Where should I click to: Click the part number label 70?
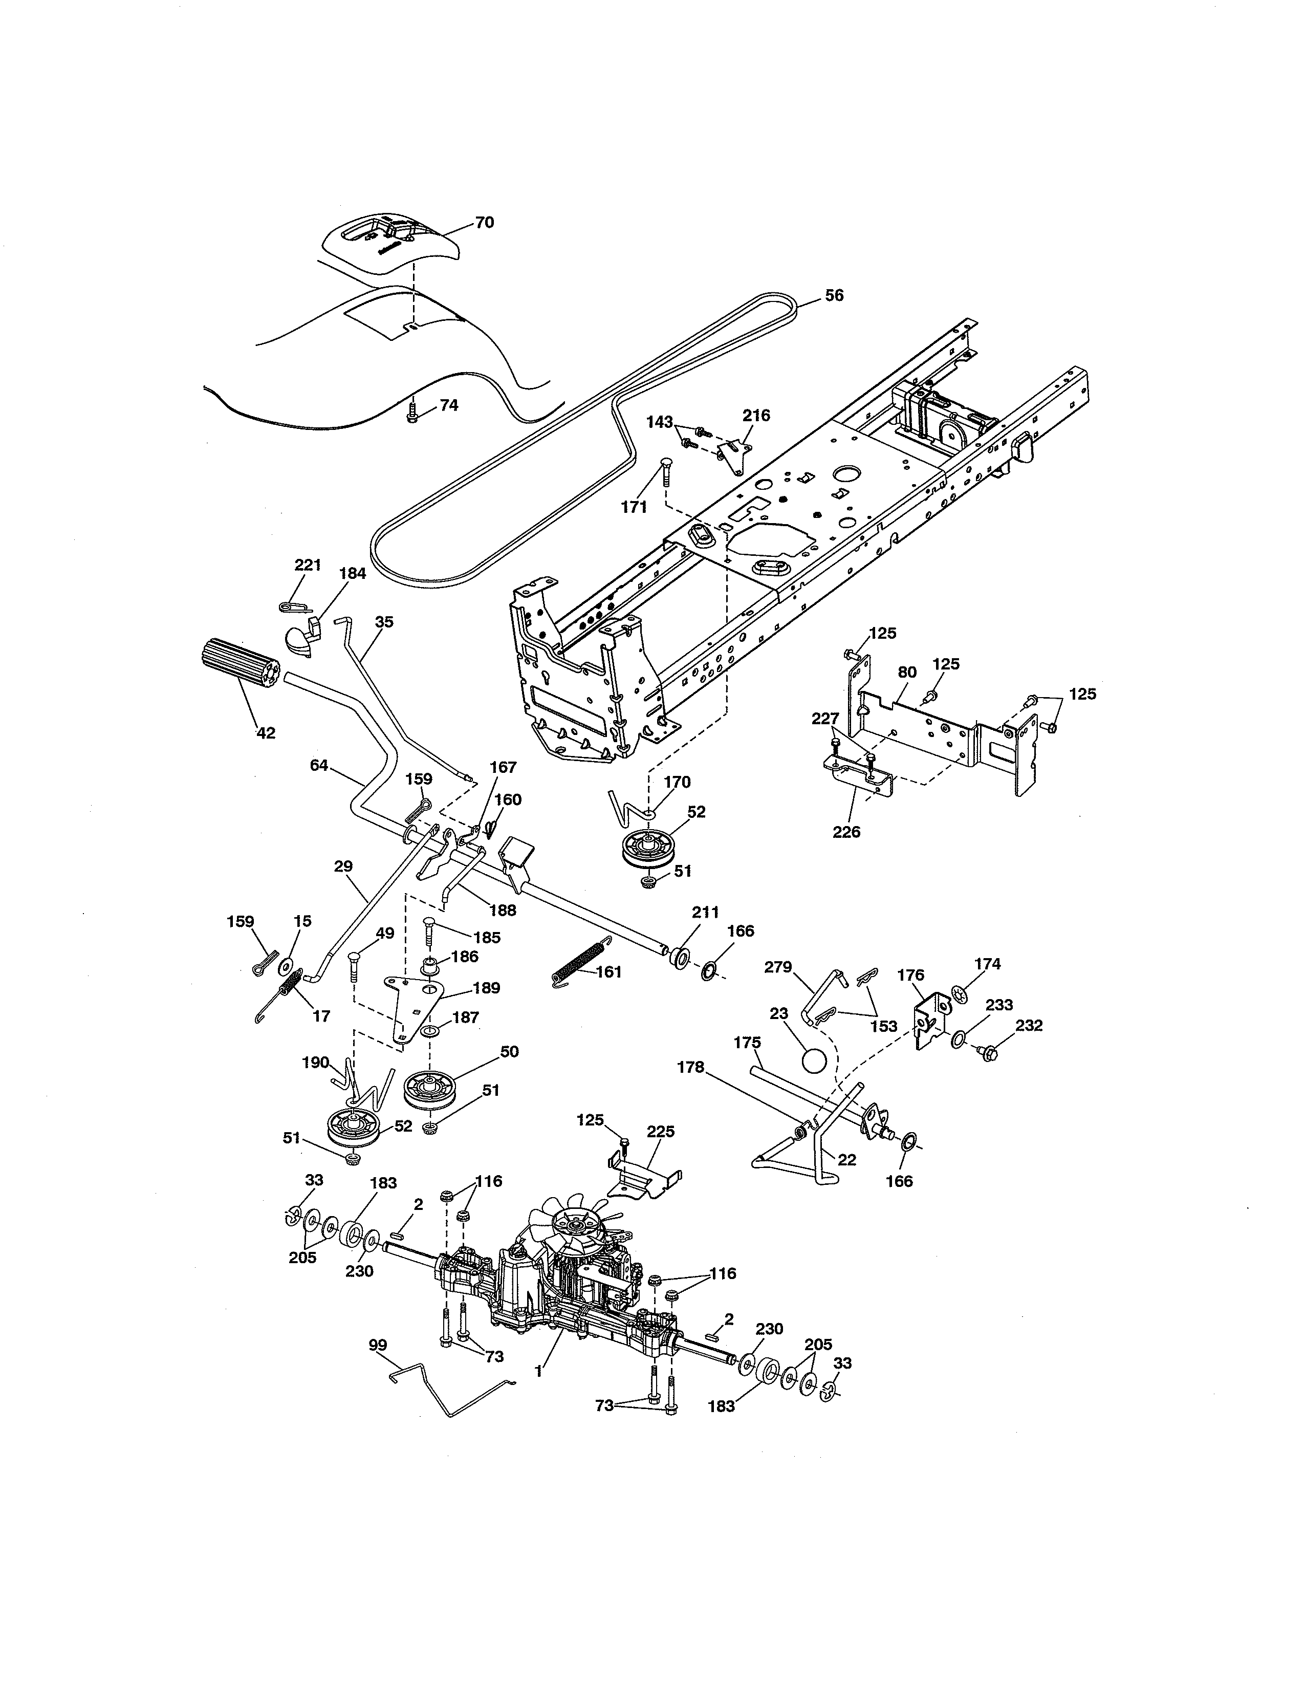[x=484, y=223]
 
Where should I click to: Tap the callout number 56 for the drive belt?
[x=834, y=295]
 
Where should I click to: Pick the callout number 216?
[x=756, y=415]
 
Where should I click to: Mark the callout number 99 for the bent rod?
[x=378, y=1345]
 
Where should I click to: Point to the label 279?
[x=778, y=967]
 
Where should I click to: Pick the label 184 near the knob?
[x=353, y=573]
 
